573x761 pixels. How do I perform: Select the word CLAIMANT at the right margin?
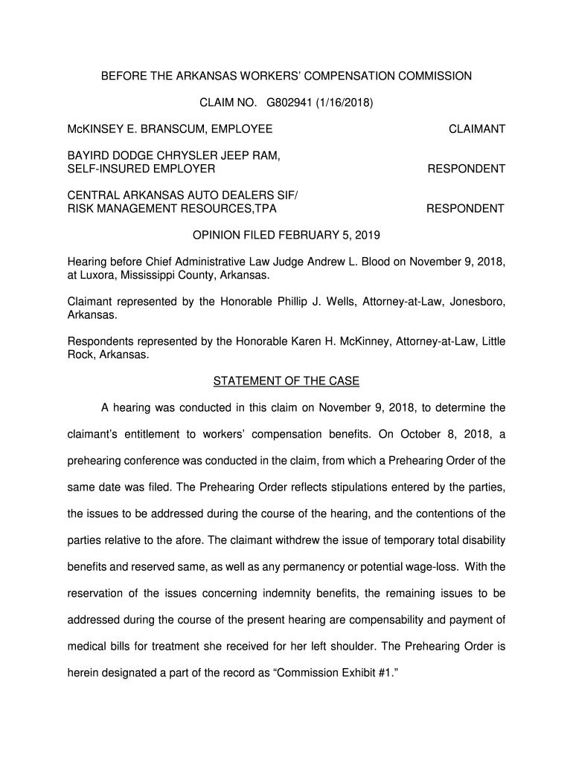pos(477,129)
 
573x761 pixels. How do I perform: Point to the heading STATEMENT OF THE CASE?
pos(286,381)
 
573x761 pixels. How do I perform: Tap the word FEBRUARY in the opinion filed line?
pos(310,236)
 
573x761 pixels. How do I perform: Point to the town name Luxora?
pos(100,275)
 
